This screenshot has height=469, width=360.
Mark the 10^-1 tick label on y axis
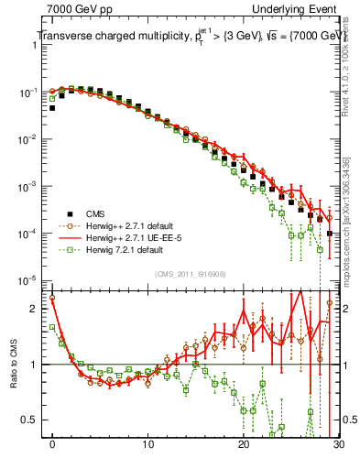pos(27,93)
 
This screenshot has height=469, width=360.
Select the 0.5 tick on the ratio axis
pos(29,420)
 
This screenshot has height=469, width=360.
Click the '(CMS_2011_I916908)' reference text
pos(192,274)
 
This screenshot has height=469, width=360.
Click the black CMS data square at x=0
pos(52,108)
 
